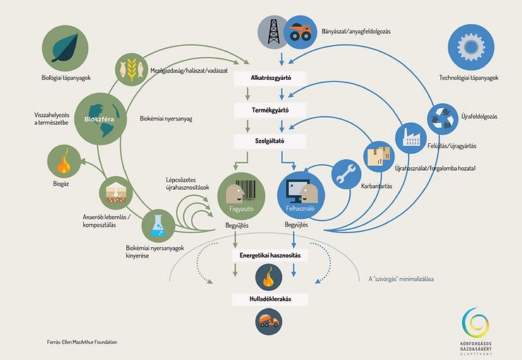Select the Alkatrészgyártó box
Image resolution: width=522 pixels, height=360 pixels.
click(x=272, y=78)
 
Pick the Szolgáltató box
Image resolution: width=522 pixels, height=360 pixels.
click(x=272, y=141)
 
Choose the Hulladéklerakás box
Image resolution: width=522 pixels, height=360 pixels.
click(x=272, y=299)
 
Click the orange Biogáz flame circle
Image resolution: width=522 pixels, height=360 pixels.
click(x=62, y=162)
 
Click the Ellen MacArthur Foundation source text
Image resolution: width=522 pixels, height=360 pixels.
click(x=83, y=342)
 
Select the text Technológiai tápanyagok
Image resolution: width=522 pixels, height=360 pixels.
click(x=468, y=77)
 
